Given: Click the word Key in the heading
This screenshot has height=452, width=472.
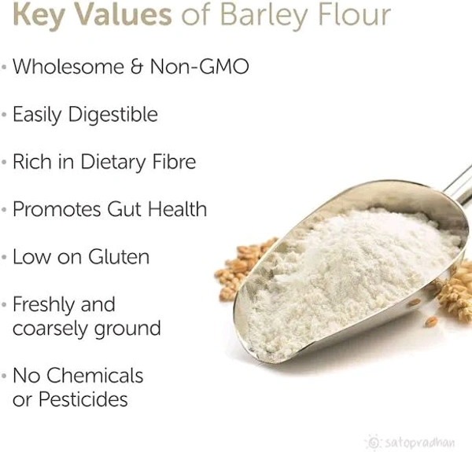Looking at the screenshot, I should (39, 15).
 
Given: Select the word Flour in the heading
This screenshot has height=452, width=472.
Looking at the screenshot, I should (357, 15).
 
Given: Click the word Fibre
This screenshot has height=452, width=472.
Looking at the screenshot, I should (169, 162).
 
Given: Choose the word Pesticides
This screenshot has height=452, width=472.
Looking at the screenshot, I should (82, 399).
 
